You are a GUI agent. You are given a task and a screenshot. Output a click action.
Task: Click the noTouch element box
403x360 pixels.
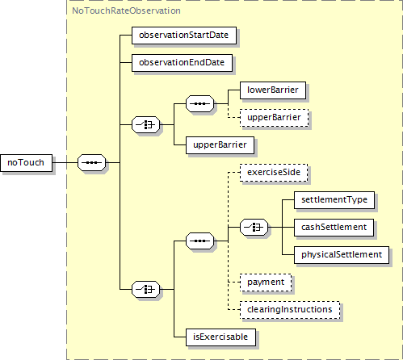(26, 163)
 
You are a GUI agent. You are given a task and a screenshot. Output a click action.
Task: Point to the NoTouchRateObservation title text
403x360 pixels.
(126, 10)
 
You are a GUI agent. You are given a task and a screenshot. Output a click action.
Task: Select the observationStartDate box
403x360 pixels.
(184, 36)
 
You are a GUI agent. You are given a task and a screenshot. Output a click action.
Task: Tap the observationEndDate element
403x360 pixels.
(182, 63)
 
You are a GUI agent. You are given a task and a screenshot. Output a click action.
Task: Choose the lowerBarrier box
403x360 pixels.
(273, 90)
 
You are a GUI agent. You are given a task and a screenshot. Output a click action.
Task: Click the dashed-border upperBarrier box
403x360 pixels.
(274, 118)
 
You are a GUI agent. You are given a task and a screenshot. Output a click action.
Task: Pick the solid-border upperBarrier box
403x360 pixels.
(220, 145)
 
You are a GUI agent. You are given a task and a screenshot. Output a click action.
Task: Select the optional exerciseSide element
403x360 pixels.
(274, 173)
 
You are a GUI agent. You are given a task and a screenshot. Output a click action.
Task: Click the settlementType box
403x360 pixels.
(334, 200)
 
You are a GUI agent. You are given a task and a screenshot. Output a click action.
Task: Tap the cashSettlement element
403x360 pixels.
(334, 228)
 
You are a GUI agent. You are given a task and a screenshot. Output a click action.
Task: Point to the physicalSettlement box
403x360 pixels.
(342, 255)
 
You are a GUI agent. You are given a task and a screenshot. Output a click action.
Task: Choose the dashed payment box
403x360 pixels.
(266, 283)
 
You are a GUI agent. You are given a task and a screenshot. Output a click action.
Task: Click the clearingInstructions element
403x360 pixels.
(290, 310)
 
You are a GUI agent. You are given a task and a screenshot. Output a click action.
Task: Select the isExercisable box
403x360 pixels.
(220, 337)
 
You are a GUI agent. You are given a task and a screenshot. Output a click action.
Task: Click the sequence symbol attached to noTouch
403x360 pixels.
(91, 162)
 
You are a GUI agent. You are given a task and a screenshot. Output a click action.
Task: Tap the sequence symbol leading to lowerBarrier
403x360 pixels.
(199, 103)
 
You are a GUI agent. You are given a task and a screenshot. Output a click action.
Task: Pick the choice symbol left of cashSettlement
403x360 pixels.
(254, 227)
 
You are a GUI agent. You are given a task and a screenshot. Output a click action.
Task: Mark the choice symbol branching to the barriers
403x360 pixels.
(145, 124)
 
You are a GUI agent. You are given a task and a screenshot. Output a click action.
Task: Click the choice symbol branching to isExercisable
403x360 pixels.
(145, 289)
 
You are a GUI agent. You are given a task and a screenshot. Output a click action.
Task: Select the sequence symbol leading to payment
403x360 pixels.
(199, 241)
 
